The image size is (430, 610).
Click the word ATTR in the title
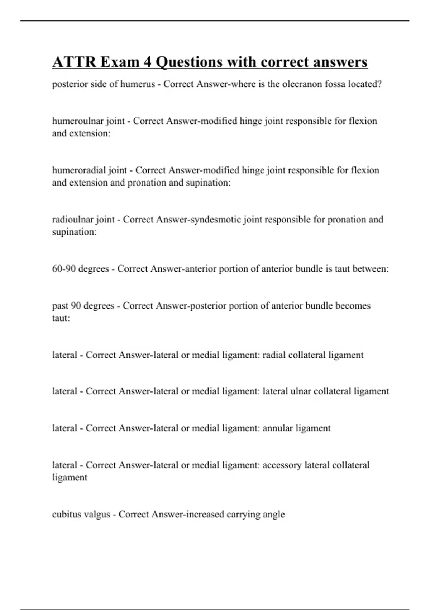pos(74,62)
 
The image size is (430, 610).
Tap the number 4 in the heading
pos(147,62)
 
